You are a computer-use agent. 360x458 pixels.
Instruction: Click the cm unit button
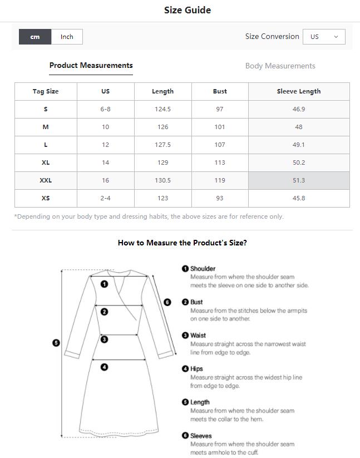tap(35, 37)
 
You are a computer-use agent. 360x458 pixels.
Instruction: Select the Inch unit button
tap(67, 37)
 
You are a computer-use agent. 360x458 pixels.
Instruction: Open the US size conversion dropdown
tap(324, 37)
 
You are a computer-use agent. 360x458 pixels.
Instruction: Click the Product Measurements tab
tap(91, 66)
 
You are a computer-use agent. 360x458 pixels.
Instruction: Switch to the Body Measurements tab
tap(280, 66)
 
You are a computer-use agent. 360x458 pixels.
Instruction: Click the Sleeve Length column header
tap(299, 91)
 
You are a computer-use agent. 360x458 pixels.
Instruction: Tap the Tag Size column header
tap(46, 91)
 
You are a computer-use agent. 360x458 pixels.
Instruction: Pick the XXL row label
tap(46, 180)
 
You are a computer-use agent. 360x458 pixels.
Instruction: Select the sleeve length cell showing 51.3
tap(299, 180)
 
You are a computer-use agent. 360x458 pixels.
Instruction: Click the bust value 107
tap(220, 145)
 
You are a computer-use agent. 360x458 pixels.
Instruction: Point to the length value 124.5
tap(162, 109)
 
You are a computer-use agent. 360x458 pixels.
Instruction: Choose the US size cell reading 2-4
tap(105, 198)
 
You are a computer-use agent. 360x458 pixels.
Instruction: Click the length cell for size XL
tap(162, 162)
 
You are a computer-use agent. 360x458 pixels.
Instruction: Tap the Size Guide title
tap(188, 10)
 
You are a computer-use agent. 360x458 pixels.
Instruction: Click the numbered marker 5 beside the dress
tap(56, 343)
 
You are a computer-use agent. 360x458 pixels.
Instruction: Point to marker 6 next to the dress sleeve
tap(167, 302)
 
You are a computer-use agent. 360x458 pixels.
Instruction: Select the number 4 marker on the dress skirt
tap(104, 367)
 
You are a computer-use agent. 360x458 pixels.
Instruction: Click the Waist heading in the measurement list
tap(198, 336)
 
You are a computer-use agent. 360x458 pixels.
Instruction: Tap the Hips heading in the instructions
tap(196, 369)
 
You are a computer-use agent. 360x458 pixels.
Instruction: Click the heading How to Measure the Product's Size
tap(183, 243)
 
